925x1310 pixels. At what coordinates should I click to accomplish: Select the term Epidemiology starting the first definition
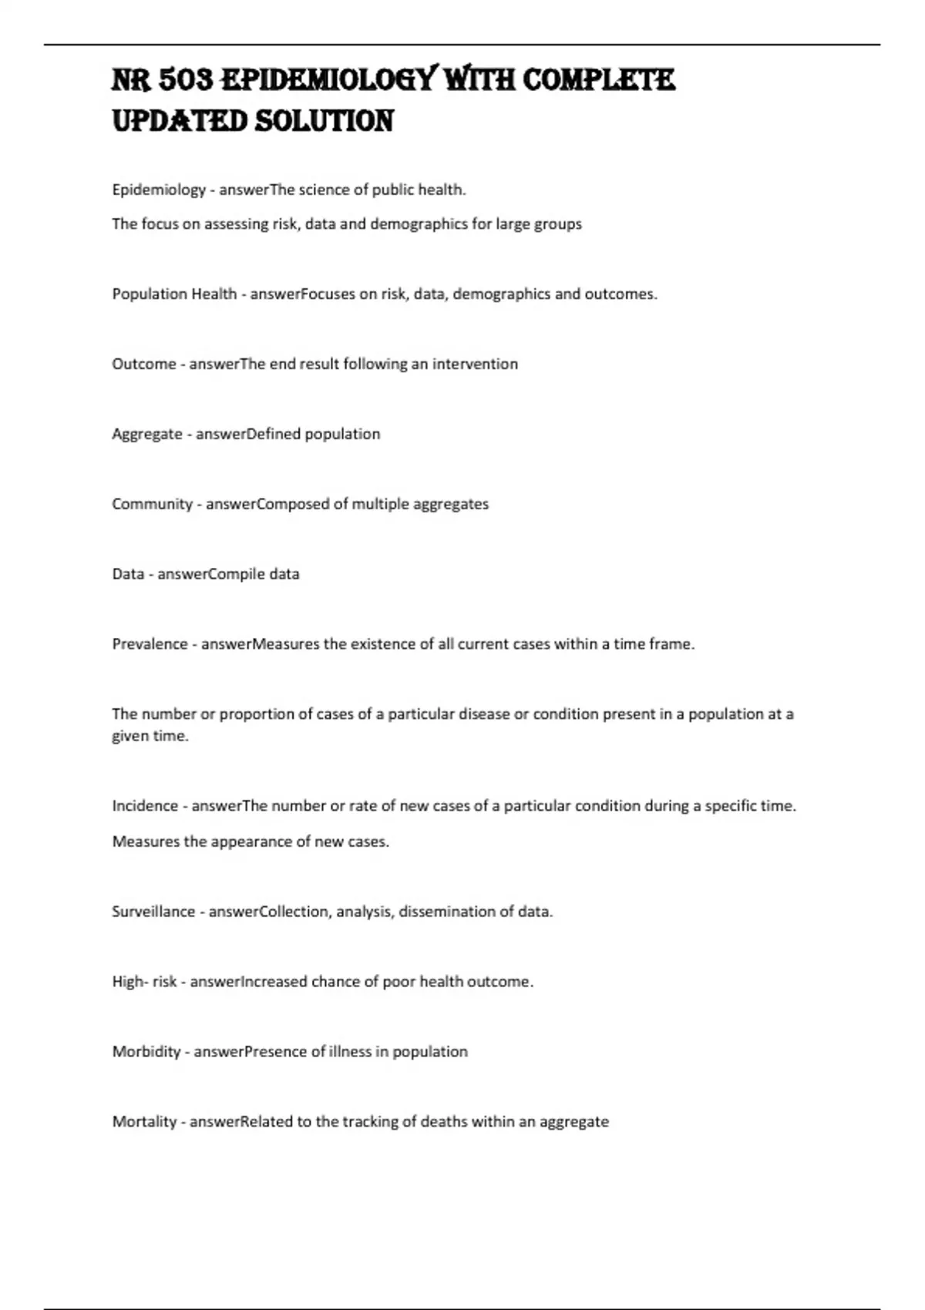click(159, 190)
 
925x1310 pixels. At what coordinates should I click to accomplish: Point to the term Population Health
click(174, 294)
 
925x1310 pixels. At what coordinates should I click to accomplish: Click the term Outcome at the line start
click(144, 364)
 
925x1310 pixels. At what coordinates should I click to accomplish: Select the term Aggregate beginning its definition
click(147, 435)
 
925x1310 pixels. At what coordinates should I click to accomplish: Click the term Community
click(152, 505)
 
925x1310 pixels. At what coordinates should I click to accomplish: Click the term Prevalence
click(150, 644)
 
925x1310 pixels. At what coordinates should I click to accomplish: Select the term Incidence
click(145, 806)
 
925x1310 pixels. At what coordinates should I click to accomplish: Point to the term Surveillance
click(153, 912)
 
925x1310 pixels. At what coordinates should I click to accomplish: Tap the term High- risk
click(144, 982)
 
